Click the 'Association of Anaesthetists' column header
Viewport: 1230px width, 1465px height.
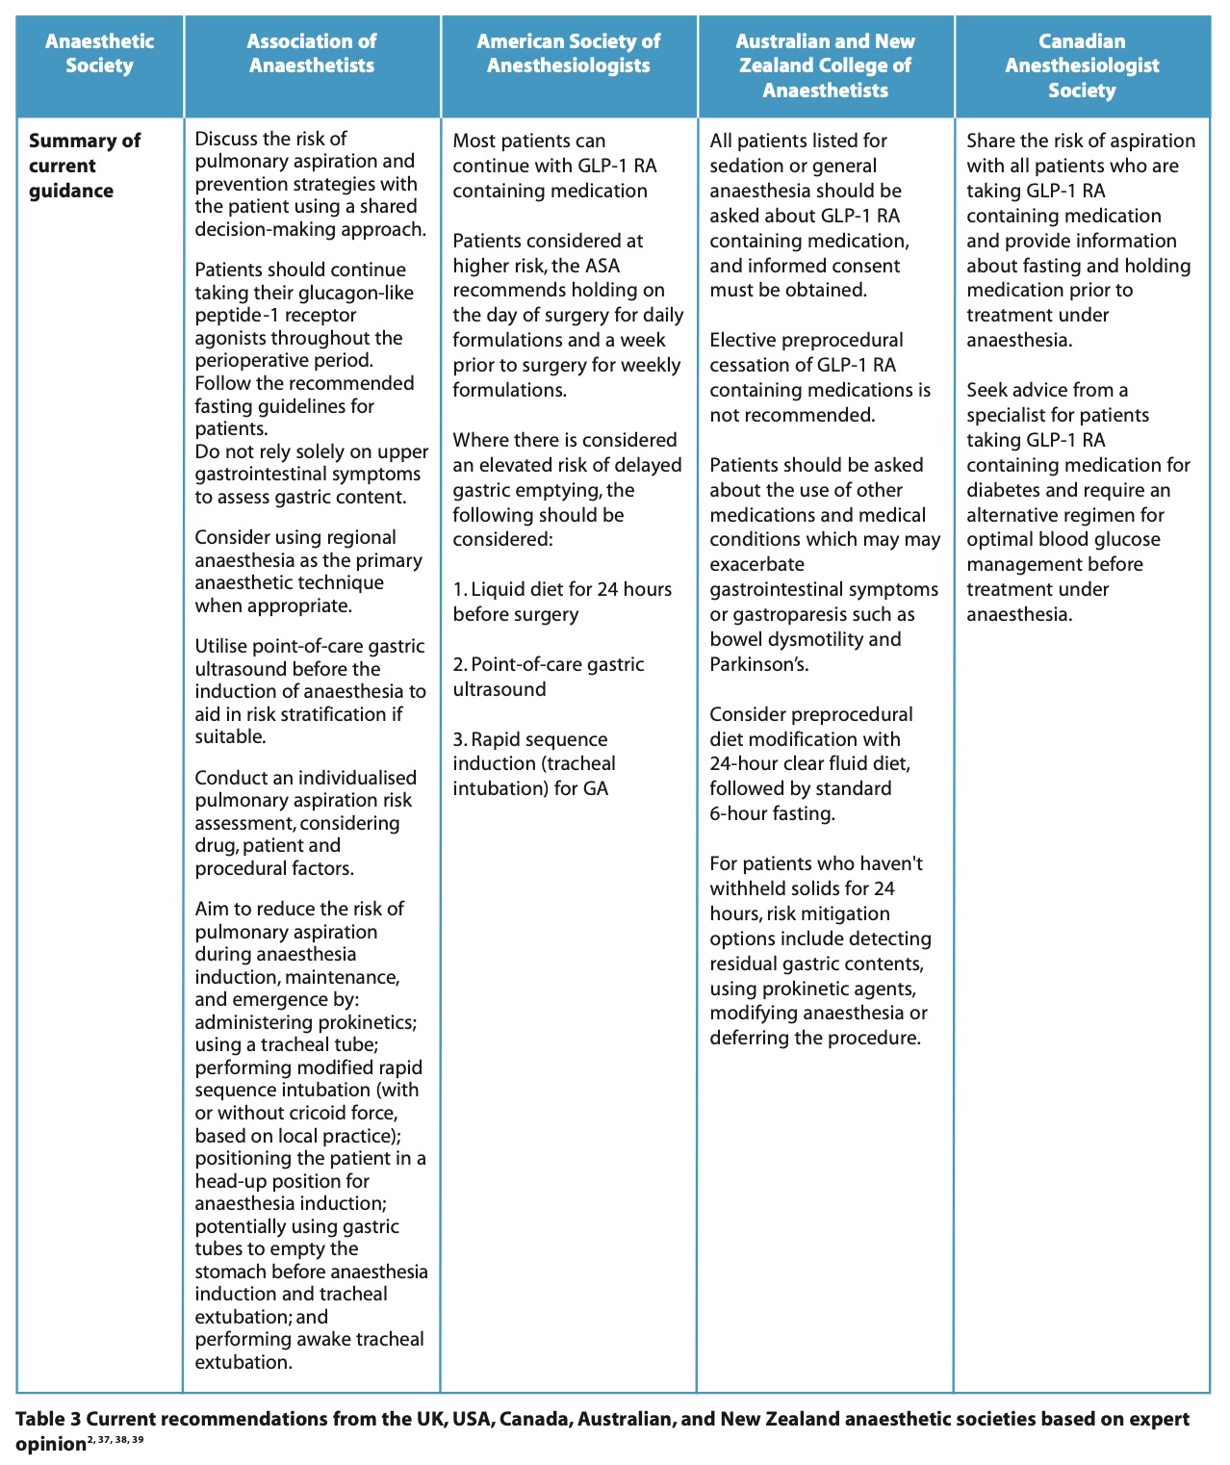point(311,53)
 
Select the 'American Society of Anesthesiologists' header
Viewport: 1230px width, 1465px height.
point(568,53)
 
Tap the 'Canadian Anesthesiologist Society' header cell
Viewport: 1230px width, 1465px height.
point(1082,65)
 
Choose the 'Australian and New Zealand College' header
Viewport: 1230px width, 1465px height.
point(825,65)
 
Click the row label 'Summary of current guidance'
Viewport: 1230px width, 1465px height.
point(85,166)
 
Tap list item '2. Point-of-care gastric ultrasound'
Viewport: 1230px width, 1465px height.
point(549,677)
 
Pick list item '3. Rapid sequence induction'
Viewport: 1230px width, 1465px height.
point(534,763)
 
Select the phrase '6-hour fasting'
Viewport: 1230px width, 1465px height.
point(771,813)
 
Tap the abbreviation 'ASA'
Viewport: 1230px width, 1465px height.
point(602,266)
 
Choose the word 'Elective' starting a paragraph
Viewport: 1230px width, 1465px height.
point(744,340)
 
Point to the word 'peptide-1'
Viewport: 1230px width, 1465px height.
point(237,315)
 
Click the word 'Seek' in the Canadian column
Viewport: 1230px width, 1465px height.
point(987,390)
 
